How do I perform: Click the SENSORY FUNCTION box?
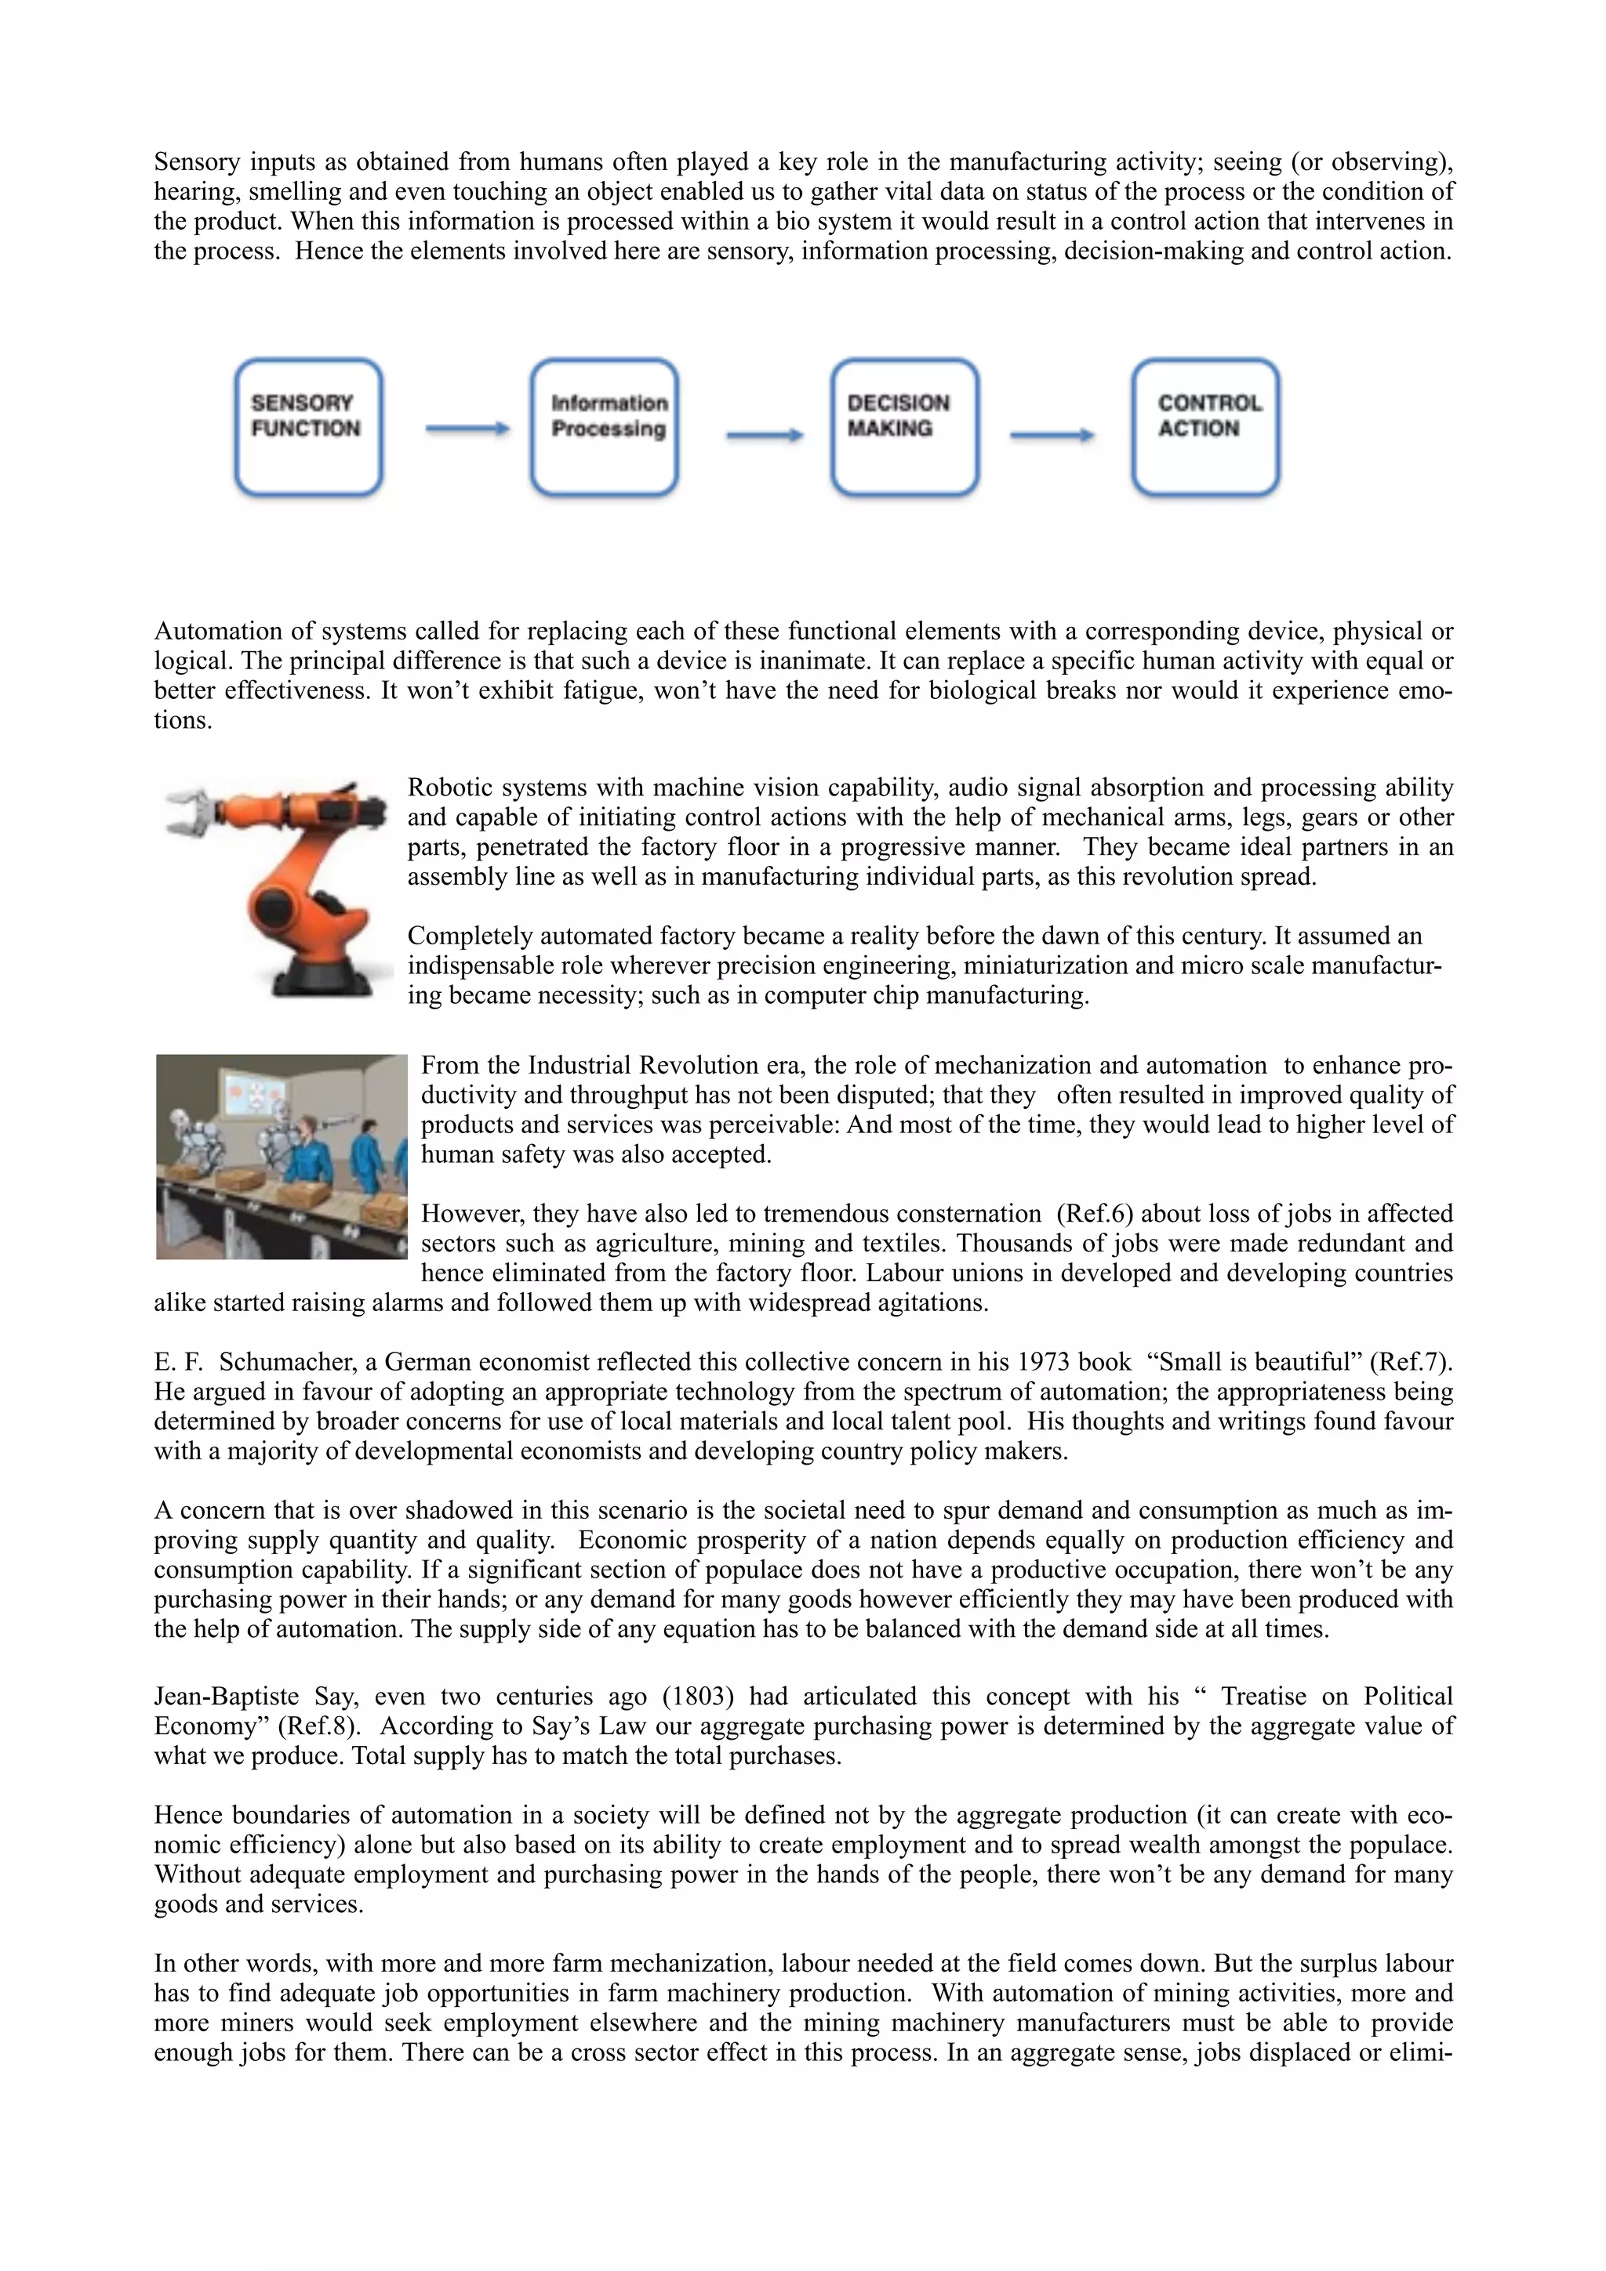point(307,426)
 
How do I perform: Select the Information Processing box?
point(604,426)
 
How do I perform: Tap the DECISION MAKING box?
point(904,426)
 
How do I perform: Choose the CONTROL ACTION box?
point(1205,426)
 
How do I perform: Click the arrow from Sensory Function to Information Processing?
point(467,429)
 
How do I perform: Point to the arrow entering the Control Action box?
point(1052,434)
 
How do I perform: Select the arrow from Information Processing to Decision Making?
point(764,434)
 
